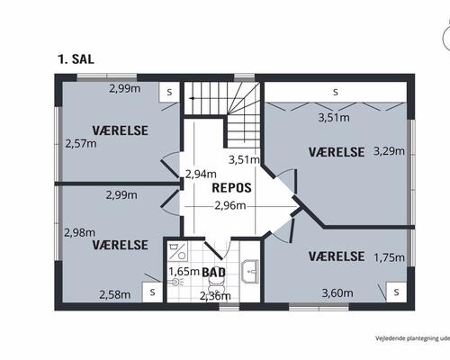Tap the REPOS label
click(231, 189)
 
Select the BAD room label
click(213, 271)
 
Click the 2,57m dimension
click(81, 142)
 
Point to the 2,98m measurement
click(79, 232)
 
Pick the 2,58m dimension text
click(114, 293)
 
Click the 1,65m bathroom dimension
click(184, 271)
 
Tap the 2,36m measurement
click(215, 295)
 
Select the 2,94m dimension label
click(200, 174)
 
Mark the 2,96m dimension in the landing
click(230, 206)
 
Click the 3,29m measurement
click(389, 152)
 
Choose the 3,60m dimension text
click(336, 292)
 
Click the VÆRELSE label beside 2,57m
click(120, 130)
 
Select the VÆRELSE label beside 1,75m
click(336, 256)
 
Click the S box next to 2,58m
click(152, 292)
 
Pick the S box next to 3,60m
click(394, 292)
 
